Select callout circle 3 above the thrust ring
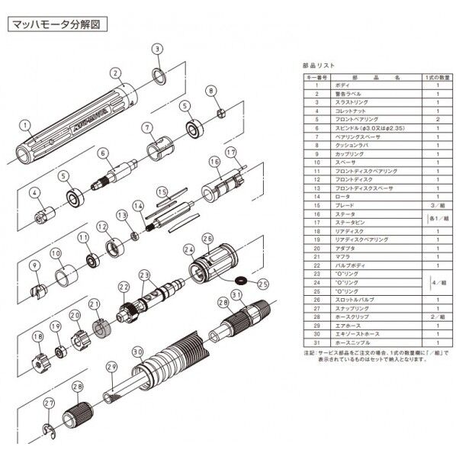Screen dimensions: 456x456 pos(157,49)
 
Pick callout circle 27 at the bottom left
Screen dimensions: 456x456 pos(47,403)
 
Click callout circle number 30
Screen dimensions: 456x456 pos(137,352)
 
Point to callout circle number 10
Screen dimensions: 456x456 pos(55,253)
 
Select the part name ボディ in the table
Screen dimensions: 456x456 pos(342,85)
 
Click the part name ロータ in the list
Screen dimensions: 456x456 pos(342,196)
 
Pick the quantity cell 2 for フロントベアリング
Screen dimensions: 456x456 pos(438,119)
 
